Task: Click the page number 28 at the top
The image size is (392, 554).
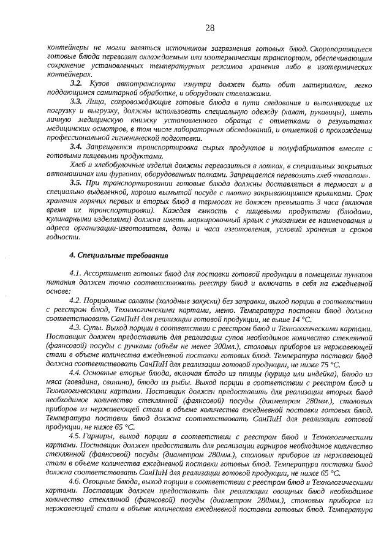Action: (209, 28)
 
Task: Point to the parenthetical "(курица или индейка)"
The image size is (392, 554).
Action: (282, 374)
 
